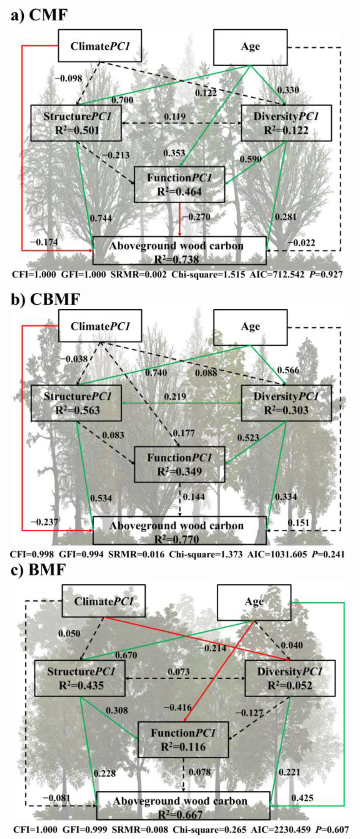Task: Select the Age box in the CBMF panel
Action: coord(250,327)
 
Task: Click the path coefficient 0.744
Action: coord(101,218)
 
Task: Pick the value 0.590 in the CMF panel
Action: coord(251,159)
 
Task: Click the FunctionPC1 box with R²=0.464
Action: coord(179,185)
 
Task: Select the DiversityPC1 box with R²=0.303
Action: coord(286,403)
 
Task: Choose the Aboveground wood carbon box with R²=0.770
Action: coord(179,531)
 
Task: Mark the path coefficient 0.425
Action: coord(302,798)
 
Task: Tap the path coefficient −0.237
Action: coord(44,522)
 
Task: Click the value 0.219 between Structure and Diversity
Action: coord(175,397)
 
